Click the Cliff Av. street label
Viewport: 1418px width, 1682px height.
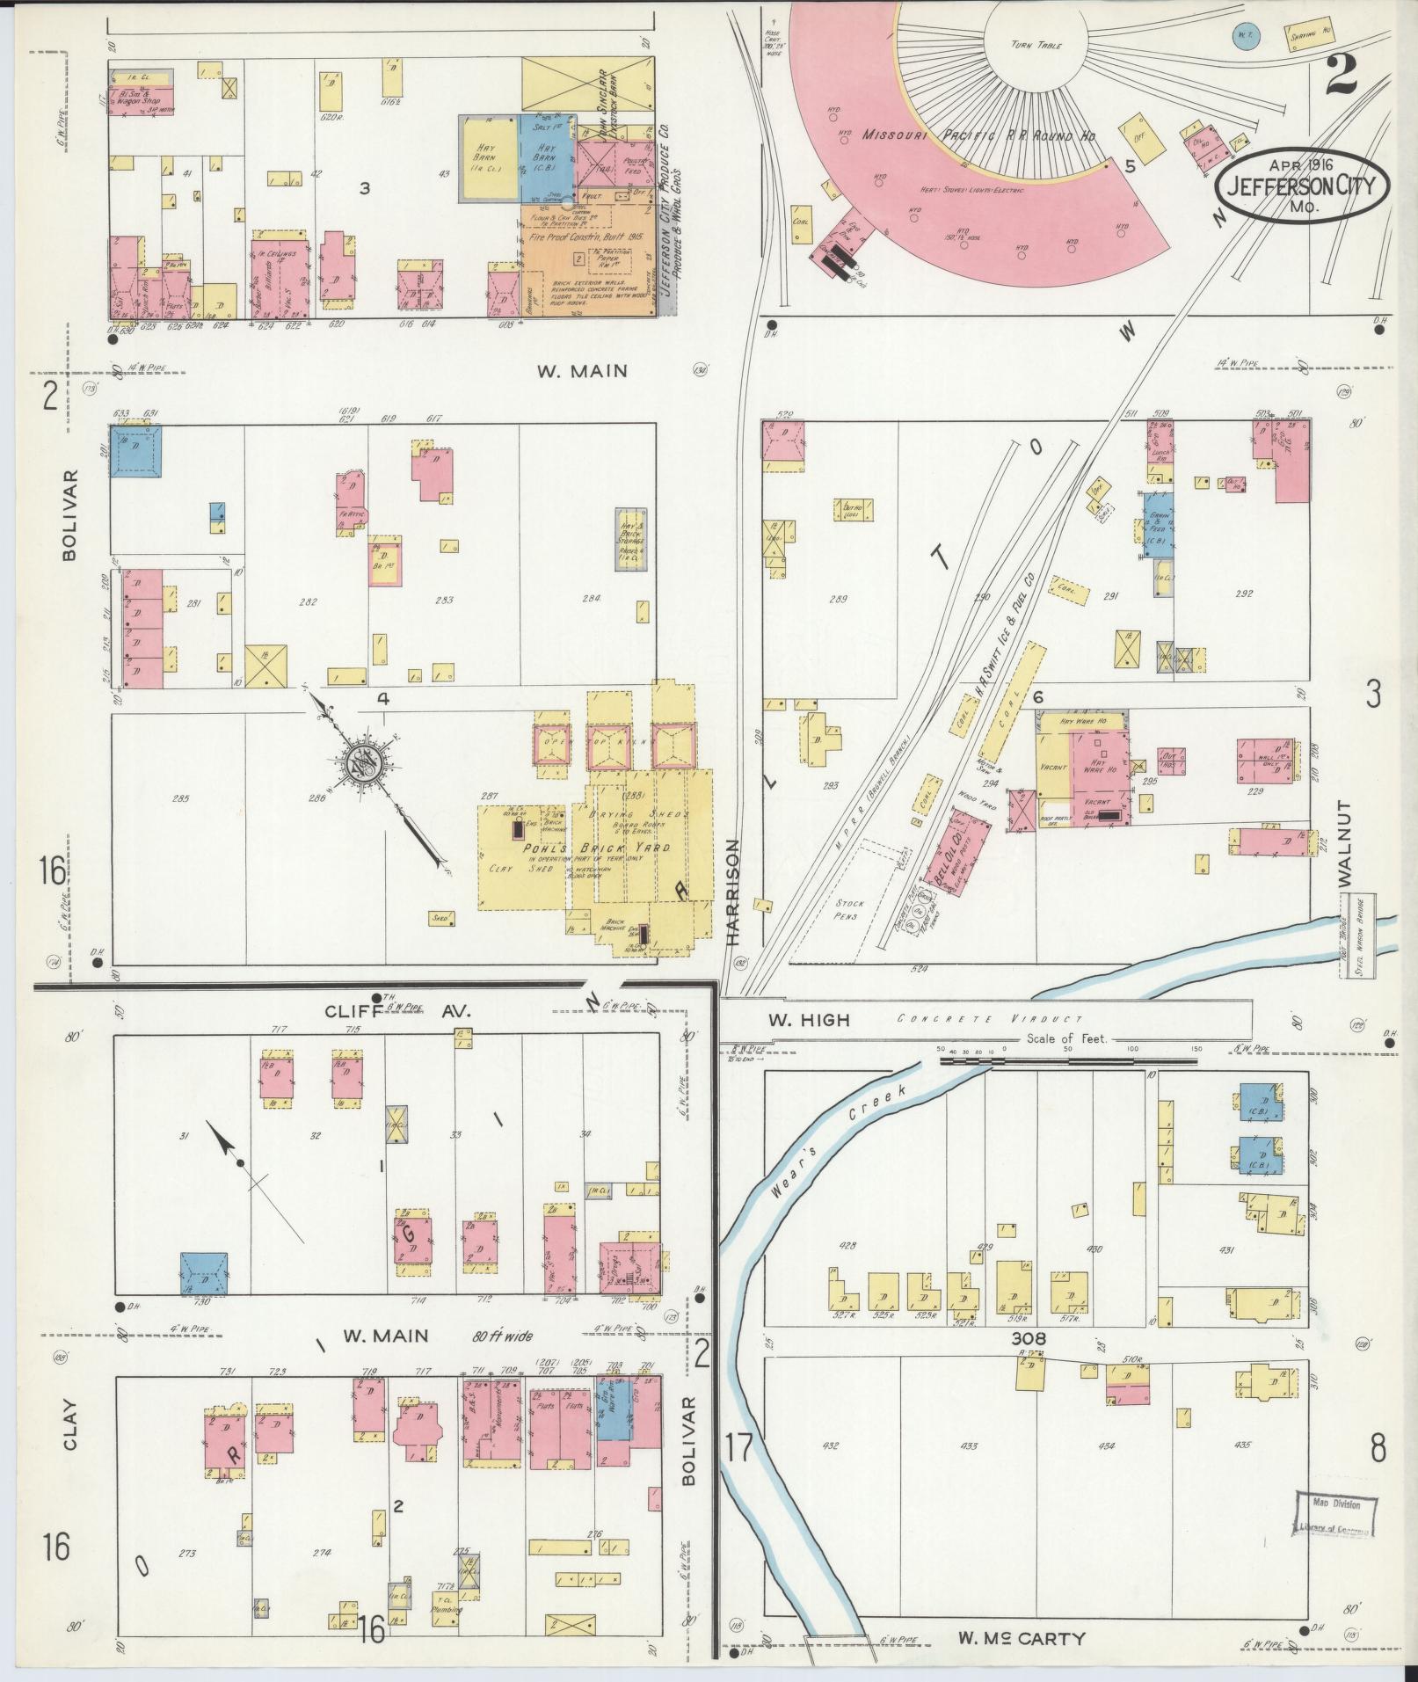[x=397, y=1011]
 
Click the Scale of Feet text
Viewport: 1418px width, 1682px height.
[x=1066, y=1039]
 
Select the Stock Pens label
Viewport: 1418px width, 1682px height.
[x=849, y=908]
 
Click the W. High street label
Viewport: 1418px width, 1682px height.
[x=809, y=1020]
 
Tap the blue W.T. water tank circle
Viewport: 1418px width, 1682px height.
[x=1242, y=36]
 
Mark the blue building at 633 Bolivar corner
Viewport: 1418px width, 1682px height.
[x=135, y=451]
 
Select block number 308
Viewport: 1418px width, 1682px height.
[x=1029, y=1364]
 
